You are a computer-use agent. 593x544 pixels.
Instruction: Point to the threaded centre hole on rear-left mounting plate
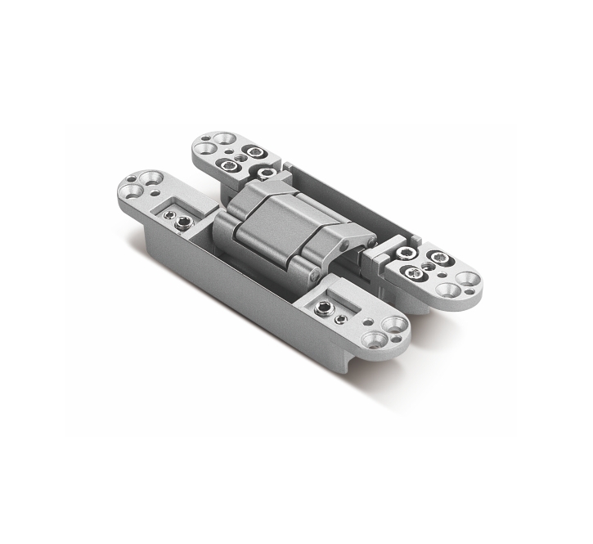click(x=238, y=159)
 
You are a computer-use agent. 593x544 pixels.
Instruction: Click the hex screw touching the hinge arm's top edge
click(x=265, y=173)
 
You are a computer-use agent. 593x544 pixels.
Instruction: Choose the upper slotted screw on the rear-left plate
click(x=255, y=152)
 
